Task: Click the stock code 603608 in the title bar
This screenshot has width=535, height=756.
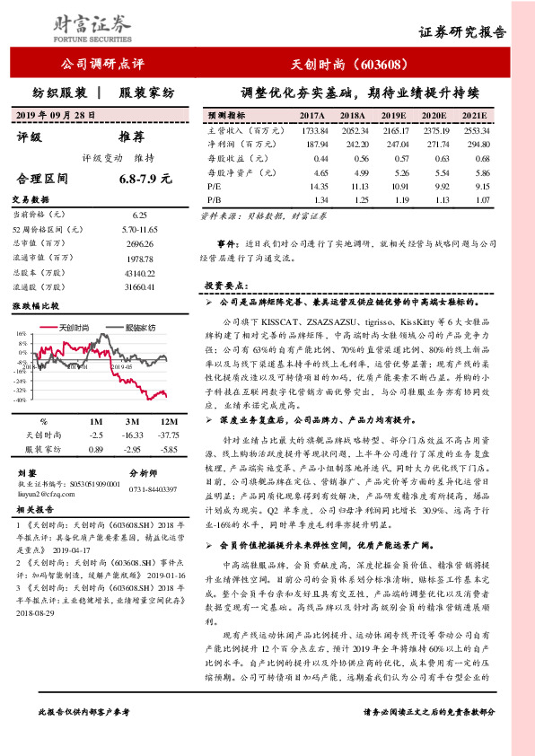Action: [x=387, y=65]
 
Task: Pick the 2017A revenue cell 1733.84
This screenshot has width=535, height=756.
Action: [x=312, y=130]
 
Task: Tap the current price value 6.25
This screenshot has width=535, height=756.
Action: [x=139, y=215]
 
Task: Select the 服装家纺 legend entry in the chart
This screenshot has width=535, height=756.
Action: [x=137, y=328]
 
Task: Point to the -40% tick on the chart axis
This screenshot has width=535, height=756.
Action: [x=19, y=400]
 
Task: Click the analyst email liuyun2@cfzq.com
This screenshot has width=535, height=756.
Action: [x=47, y=493]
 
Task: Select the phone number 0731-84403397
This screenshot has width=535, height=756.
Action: [x=153, y=488]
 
